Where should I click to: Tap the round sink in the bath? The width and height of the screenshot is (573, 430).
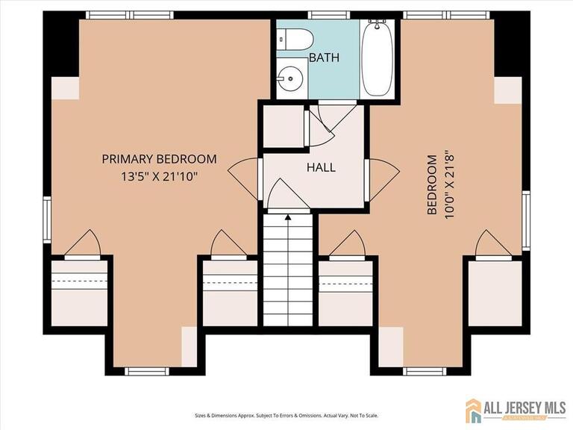(x=290, y=77)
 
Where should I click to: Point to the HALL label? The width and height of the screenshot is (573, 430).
(x=321, y=167)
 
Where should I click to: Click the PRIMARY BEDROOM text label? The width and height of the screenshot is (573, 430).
(x=159, y=159)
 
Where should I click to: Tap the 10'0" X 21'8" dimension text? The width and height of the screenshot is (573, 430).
(x=448, y=184)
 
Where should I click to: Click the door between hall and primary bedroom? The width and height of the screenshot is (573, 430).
(x=243, y=179)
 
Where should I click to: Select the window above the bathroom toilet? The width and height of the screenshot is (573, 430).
(x=329, y=15)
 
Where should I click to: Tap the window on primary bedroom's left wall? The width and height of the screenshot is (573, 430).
(x=47, y=220)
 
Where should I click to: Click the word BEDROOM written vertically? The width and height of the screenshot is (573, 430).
(x=432, y=184)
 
